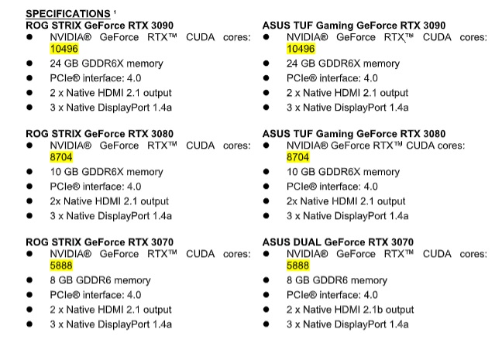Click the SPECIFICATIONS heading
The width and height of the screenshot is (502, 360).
click(x=67, y=14)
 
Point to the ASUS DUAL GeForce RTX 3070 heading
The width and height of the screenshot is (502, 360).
click(x=338, y=242)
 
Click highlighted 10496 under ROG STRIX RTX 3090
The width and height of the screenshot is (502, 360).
click(x=64, y=49)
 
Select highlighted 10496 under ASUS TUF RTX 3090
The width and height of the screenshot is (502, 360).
click(x=301, y=49)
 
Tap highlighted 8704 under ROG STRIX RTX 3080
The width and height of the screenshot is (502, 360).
click(x=62, y=157)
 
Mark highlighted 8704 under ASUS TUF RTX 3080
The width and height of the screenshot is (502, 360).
click(x=299, y=157)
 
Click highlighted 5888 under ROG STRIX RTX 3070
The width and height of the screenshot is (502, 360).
click(x=62, y=265)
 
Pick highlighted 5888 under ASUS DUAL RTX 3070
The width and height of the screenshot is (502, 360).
click(x=299, y=265)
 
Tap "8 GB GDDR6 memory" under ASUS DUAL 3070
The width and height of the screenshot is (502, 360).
click(x=336, y=279)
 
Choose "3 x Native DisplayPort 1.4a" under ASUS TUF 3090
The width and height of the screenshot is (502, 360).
click(x=347, y=108)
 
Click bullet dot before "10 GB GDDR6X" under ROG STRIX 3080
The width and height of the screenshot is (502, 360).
click(x=30, y=172)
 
